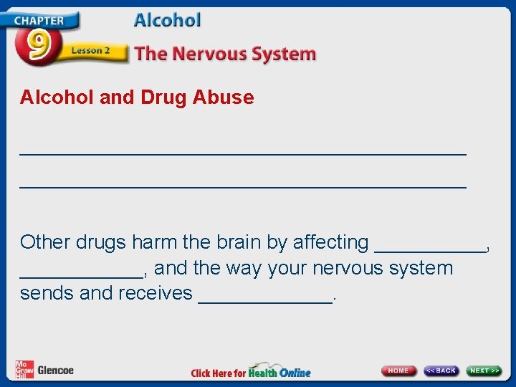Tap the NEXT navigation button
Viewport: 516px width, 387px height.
click(x=484, y=371)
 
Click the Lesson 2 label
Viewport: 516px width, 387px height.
click(x=90, y=51)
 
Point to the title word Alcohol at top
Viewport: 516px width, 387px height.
click(x=167, y=20)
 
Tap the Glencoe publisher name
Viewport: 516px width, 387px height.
click(x=55, y=371)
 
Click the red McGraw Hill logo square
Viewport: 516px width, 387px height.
click(x=24, y=369)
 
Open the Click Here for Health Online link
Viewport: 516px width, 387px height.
click(x=251, y=372)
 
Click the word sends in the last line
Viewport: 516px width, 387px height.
click(x=47, y=293)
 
